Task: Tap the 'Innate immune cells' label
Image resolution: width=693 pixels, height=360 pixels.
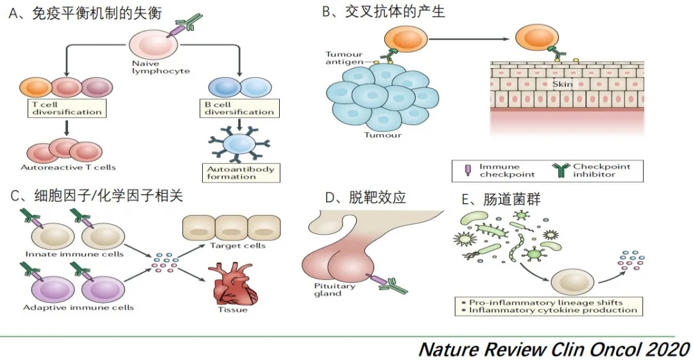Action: [74, 254]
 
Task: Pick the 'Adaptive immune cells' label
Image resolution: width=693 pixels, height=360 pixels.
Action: [78, 307]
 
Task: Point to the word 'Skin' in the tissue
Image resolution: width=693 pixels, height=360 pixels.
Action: [562, 84]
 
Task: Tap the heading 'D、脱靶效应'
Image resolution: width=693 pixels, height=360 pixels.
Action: [365, 197]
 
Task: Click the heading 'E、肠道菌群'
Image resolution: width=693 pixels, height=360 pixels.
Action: [501, 200]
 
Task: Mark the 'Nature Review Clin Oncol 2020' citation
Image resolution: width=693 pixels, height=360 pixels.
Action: [554, 349]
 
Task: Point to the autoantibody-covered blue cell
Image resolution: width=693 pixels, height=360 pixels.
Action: [238, 144]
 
